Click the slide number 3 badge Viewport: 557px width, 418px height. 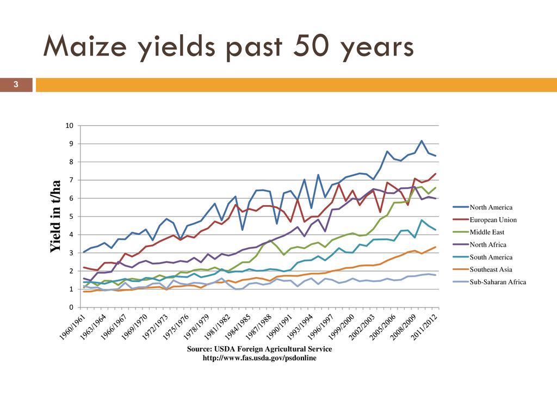16,84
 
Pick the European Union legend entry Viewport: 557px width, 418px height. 493,220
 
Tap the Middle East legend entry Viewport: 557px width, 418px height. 487,232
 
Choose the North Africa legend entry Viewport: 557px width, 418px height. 488,245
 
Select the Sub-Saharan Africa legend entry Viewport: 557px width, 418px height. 497,282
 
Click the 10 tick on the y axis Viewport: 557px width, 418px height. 69,126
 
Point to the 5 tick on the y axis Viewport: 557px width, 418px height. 71,217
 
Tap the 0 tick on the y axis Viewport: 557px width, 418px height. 71,308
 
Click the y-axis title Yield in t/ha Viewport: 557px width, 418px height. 55,217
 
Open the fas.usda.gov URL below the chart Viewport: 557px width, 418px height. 259,358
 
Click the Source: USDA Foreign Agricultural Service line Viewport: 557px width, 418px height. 259,349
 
